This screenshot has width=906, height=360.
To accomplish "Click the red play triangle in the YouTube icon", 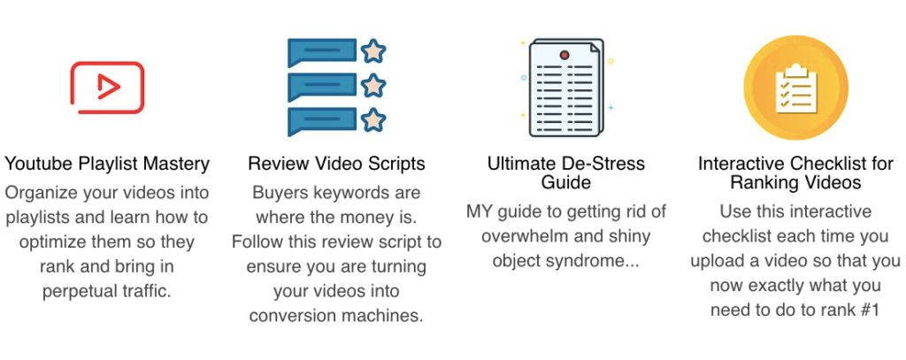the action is point(108,88).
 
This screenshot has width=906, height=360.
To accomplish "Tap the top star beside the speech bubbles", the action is point(373,50).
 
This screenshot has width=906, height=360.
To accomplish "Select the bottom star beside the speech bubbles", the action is point(373,120).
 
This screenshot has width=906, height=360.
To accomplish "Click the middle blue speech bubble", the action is point(322,87).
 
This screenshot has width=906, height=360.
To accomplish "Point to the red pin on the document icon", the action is point(564,56).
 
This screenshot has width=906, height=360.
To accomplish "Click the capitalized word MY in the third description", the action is point(479,211).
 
